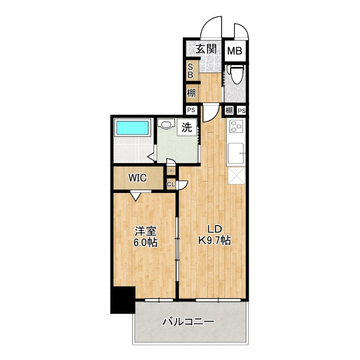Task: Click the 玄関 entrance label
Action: click(x=206, y=49)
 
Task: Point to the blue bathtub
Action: click(x=132, y=128)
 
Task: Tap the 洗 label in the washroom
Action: click(x=187, y=127)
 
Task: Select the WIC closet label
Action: click(x=137, y=178)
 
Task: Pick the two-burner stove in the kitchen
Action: click(x=236, y=127)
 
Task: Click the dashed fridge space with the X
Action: click(x=236, y=176)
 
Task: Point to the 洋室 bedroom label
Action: click(x=145, y=231)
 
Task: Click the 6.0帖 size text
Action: click(x=145, y=243)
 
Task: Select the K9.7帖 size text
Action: click(x=214, y=240)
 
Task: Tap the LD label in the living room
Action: click(x=214, y=228)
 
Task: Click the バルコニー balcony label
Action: click(x=188, y=322)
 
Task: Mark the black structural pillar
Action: click(x=122, y=300)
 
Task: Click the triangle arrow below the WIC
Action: click(x=136, y=196)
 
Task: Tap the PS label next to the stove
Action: click(x=241, y=110)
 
